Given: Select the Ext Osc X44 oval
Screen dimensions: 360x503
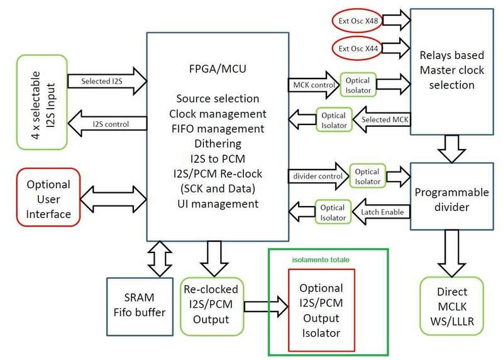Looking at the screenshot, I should pyautogui.click(x=357, y=48).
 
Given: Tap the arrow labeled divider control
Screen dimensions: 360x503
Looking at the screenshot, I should pyautogui.click(x=316, y=175).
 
